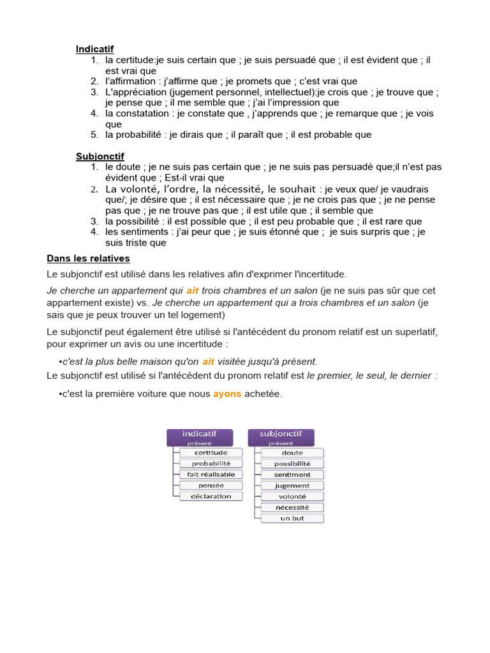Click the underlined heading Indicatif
click(x=95, y=49)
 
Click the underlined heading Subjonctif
click(x=100, y=156)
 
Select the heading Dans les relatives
click(x=88, y=258)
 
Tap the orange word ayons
click(x=227, y=394)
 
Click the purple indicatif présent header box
click(x=200, y=437)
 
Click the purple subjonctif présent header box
click(x=281, y=437)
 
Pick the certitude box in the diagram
click(x=211, y=453)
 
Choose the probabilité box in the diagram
click(x=211, y=464)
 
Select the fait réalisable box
click(x=211, y=474)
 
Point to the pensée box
click(x=211, y=485)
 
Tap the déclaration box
click(x=211, y=496)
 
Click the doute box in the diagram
click(x=292, y=453)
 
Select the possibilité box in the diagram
click(x=292, y=464)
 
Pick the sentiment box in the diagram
click(x=292, y=474)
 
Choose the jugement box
click(x=292, y=485)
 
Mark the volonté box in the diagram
click(x=292, y=496)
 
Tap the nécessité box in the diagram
click(x=292, y=508)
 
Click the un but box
click(x=292, y=518)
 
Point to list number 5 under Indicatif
click(x=94, y=135)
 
